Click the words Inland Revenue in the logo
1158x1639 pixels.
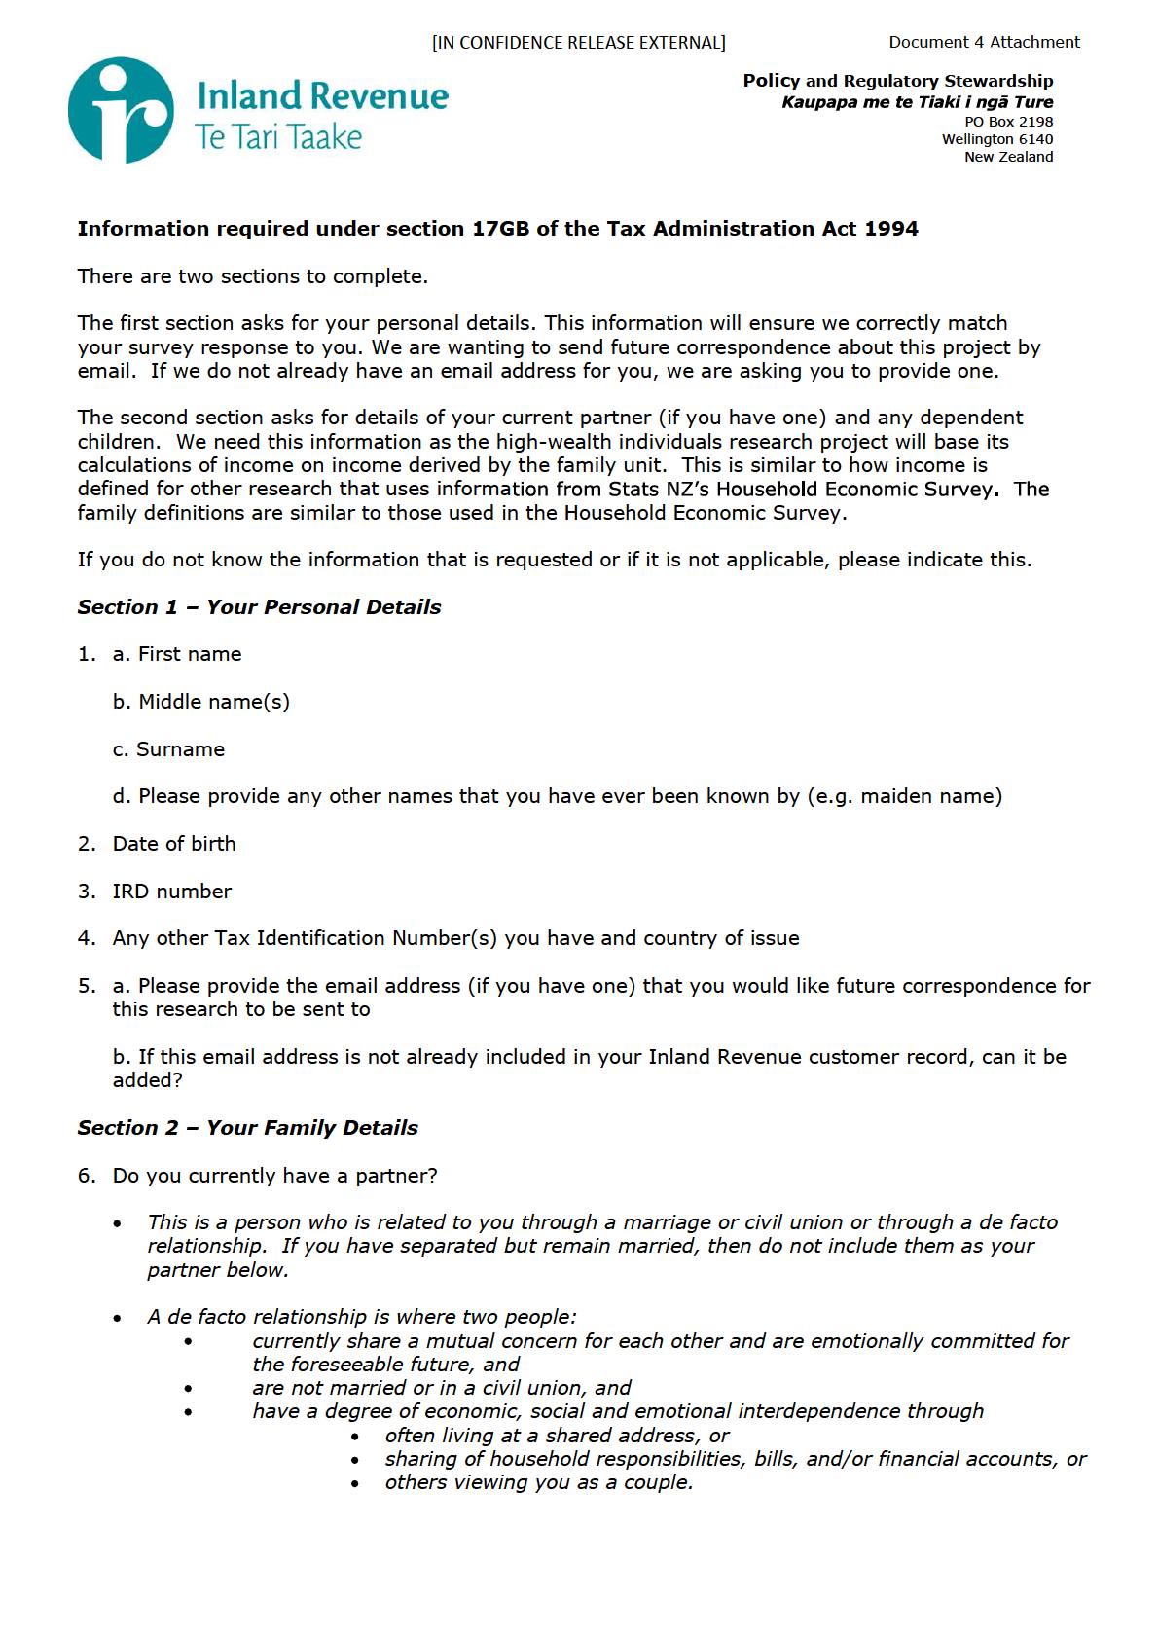(x=322, y=96)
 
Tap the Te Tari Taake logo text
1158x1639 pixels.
(x=278, y=137)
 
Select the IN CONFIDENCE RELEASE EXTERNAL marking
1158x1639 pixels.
(x=579, y=43)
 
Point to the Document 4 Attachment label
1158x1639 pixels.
(x=984, y=42)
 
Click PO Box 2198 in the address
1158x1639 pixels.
(x=1008, y=122)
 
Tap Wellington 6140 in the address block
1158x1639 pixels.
(x=996, y=139)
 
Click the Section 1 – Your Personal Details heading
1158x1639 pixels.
(x=259, y=607)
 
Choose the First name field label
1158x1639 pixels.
(x=189, y=654)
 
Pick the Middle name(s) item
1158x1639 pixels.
(x=213, y=702)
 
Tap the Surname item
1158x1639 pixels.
(x=180, y=749)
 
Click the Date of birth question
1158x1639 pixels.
(x=173, y=844)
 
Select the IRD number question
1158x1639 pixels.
(x=171, y=892)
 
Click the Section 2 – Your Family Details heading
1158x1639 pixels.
(x=247, y=1128)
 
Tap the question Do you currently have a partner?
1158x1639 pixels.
(x=274, y=1176)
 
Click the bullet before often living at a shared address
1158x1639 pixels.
(x=356, y=1437)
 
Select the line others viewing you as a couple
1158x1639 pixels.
(x=538, y=1482)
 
